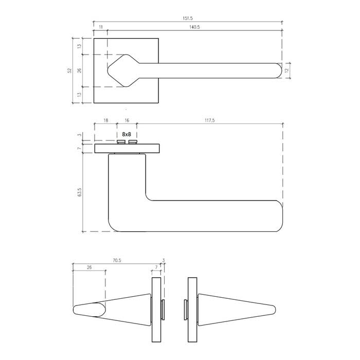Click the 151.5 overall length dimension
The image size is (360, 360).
(188, 19)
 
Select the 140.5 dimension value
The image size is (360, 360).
(194, 27)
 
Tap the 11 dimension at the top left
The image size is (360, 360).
(101, 27)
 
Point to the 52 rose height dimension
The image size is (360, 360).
(70, 70)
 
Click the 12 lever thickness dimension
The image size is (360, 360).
(286, 70)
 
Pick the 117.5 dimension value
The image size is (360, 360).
(210, 120)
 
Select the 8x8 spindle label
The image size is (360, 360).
(127, 134)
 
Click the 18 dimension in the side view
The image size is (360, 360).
(105, 120)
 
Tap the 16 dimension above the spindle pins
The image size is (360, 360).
(127, 120)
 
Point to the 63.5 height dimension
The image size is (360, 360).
(80, 192)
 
